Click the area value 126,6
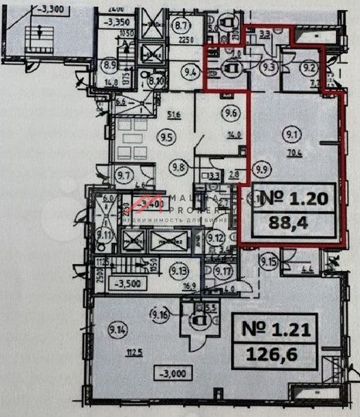tap(271, 357)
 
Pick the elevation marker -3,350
tap(117, 23)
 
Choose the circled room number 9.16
tap(161, 314)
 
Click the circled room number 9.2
tap(310, 66)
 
